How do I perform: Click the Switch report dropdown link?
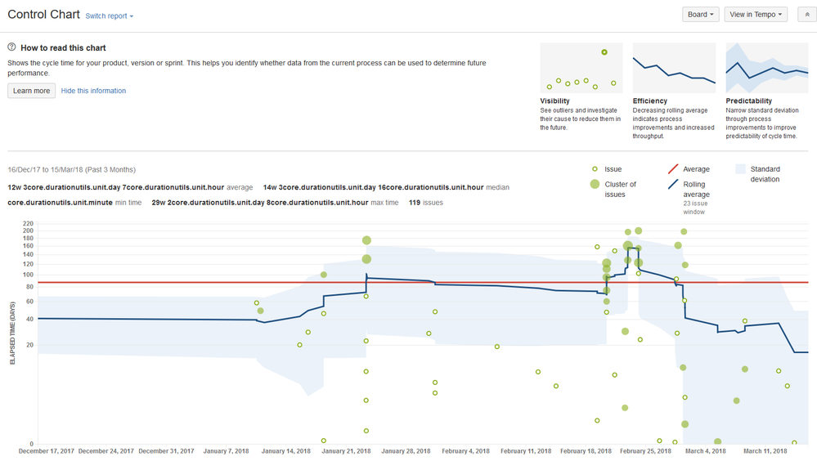coord(109,16)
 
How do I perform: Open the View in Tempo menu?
coord(756,15)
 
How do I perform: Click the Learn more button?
coord(32,91)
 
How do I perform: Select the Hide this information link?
coord(93,91)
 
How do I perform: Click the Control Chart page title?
coord(43,15)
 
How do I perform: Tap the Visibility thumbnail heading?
coord(556,101)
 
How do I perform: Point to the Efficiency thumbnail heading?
coord(650,101)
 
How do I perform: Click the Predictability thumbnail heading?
coord(747,101)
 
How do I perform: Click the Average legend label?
coord(696,169)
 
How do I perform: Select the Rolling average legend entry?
coord(696,190)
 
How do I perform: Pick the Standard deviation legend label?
coord(765,174)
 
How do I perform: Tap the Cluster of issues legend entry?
coord(620,190)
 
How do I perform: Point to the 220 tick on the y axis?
coord(29,223)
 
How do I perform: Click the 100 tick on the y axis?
coord(29,275)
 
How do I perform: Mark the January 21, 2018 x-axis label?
coord(346,451)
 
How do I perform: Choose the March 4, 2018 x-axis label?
coord(705,451)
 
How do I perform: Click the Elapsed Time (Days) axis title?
coord(12,333)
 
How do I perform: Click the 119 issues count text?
coord(426,203)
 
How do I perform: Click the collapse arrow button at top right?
coord(806,15)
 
